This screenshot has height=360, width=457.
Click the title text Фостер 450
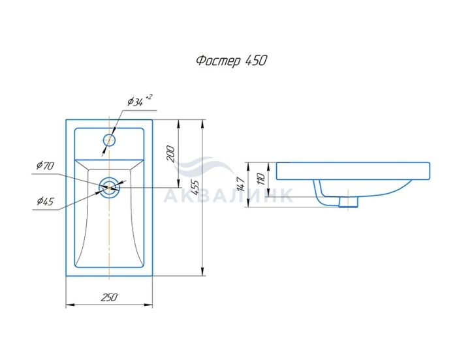[231, 61]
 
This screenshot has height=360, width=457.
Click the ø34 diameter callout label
[136, 102]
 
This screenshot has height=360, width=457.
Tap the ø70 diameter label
[46, 166]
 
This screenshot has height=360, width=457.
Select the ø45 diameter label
[46, 201]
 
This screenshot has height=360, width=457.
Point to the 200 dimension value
[171, 154]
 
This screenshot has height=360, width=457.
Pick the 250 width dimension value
[109, 297]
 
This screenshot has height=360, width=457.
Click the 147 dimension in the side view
[242, 183]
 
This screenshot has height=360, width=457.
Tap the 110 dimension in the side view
[261, 179]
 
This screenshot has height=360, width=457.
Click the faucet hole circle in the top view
[109, 140]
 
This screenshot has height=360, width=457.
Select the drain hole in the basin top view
[109, 187]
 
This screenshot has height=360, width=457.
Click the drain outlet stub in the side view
[348, 202]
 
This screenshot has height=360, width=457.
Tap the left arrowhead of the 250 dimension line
[69, 305]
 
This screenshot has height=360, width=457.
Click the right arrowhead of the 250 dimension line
[149, 305]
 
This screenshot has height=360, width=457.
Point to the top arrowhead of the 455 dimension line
[202, 123]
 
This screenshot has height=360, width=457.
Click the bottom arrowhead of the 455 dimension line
[202, 272]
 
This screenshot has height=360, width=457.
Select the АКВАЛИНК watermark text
[228, 195]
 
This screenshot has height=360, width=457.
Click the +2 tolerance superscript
[149, 97]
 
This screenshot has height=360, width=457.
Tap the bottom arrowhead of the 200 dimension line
[178, 183]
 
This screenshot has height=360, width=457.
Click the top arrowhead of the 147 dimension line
[248, 166]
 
